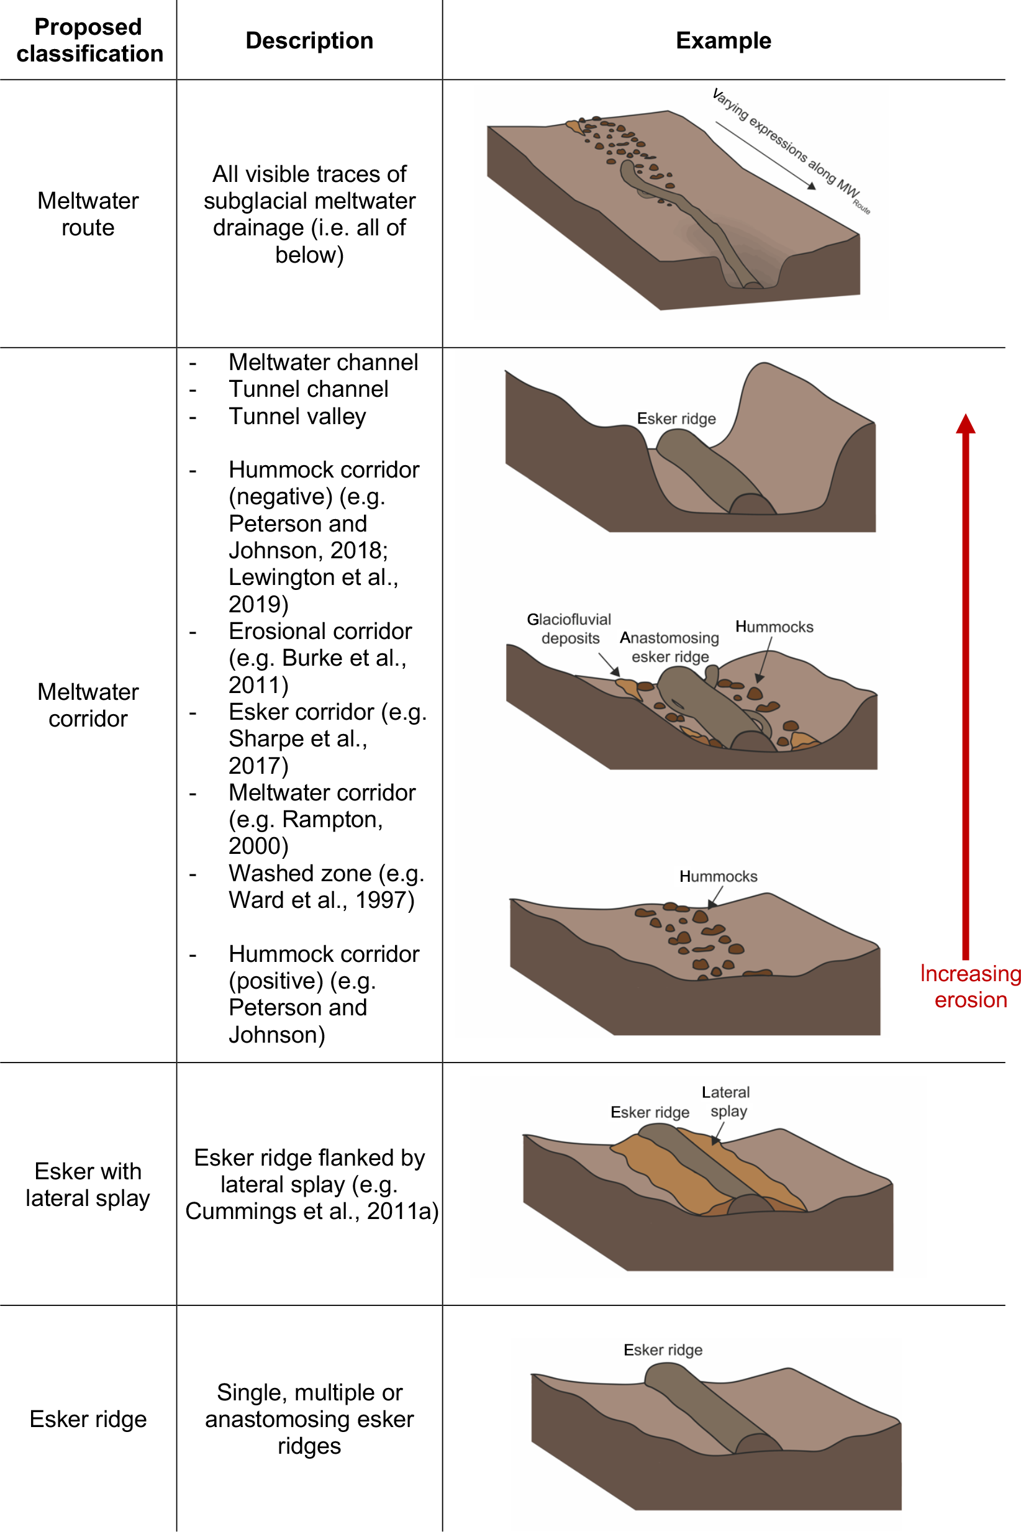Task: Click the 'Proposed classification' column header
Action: (x=89, y=40)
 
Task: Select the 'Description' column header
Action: (x=309, y=40)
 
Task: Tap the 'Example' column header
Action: (x=723, y=40)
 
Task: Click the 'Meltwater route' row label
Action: (x=88, y=214)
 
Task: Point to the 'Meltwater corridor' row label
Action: (x=88, y=704)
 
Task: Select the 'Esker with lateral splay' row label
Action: (x=88, y=1184)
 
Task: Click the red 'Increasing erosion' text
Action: (x=969, y=986)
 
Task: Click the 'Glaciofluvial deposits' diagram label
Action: (x=569, y=628)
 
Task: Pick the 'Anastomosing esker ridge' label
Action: (x=669, y=646)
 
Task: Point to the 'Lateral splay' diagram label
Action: (x=726, y=1101)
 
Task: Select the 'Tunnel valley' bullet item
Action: (x=297, y=416)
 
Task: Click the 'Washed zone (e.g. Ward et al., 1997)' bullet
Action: (x=325, y=886)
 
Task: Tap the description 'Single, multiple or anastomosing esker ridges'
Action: (x=309, y=1419)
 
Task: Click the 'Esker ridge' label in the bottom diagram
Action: (x=663, y=1349)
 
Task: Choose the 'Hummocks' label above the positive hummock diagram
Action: (x=718, y=876)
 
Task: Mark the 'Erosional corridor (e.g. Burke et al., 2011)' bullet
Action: (x=319, y=658)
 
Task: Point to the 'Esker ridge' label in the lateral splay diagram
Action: (x=650, y=1112)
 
